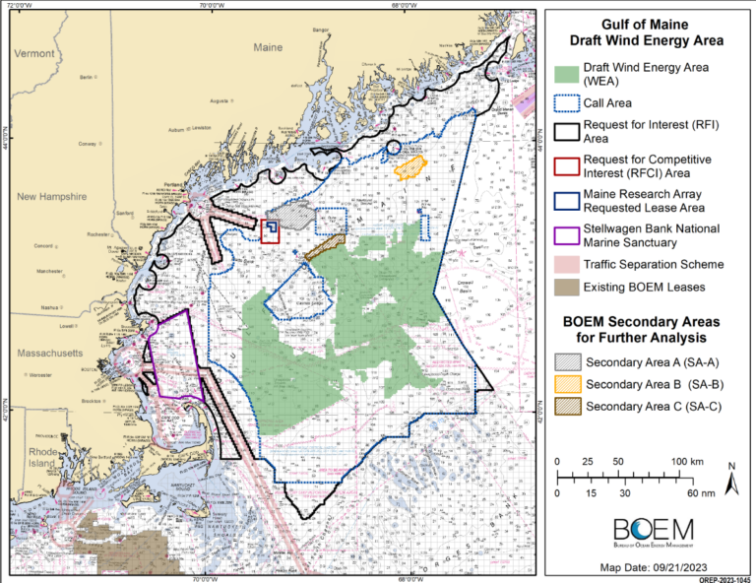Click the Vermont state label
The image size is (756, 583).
coord(34,53)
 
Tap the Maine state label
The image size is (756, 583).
coord(268,47)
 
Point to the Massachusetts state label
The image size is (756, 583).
coord(47,352)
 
